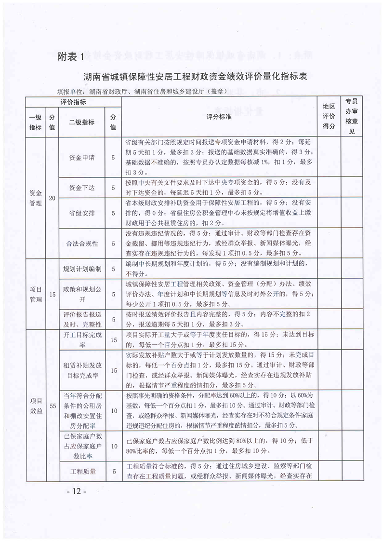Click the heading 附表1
coord(70,57)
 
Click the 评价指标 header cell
coord(73,102)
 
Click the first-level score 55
coord(52,405)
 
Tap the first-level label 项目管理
coord(35,293)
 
